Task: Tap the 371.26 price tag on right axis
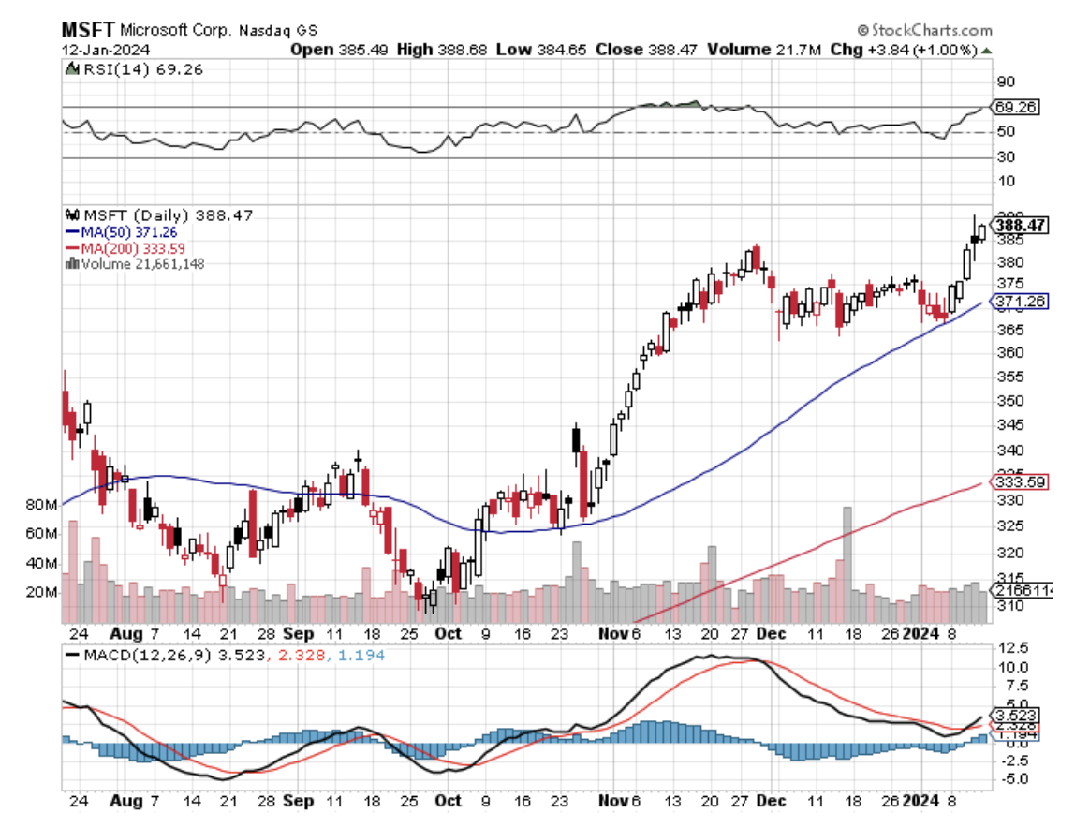[x=1020, y=301]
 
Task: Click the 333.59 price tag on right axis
[x=1020, y=482]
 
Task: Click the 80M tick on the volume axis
[x=40, y=505]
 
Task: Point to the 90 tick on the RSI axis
[x=1005, y=81]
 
